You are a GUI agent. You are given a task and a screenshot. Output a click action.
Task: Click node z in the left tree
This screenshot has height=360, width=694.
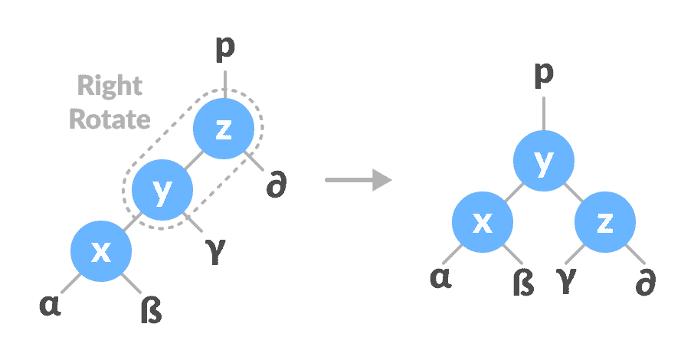222,129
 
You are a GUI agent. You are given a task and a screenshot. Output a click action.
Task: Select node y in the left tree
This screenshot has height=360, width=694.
162,191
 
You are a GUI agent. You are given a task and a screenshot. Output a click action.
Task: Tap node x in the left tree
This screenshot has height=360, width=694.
100,252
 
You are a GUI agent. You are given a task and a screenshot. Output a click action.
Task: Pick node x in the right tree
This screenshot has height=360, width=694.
482,223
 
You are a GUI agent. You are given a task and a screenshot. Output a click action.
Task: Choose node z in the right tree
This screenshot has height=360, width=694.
605,223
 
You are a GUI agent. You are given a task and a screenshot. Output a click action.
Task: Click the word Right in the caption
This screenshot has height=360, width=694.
110,87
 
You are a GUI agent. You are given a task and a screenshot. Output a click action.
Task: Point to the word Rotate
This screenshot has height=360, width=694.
110,119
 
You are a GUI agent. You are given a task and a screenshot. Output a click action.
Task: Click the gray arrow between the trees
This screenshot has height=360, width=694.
358,181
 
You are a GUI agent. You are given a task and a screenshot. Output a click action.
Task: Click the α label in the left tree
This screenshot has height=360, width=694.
50,306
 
